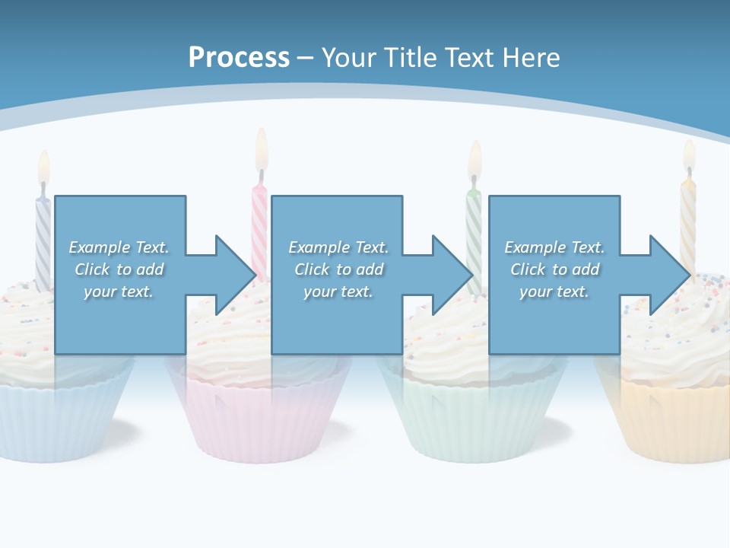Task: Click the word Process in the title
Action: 239,57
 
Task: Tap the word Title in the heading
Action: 408,57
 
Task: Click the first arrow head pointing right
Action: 234,275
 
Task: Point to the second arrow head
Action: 452,275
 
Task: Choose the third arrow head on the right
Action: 668,275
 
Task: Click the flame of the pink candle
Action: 262,146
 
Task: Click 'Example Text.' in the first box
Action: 119,247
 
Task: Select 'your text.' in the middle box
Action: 338,292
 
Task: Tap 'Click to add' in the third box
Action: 554,269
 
